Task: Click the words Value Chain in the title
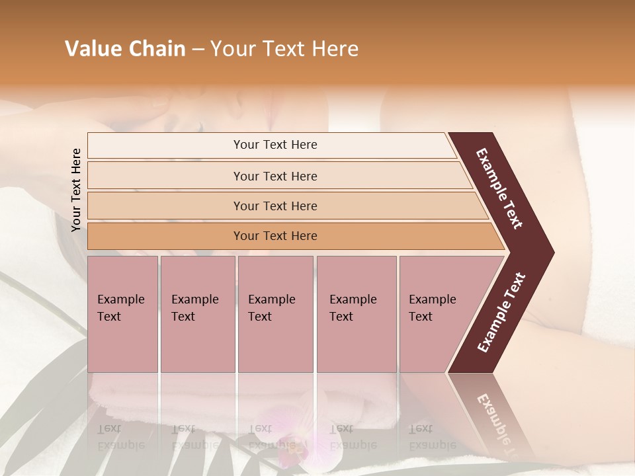125,49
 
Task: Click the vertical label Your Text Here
76,190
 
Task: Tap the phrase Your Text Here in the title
284,49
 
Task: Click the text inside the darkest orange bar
275,236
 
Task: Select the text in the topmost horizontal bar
275,145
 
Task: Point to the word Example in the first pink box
120,299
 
